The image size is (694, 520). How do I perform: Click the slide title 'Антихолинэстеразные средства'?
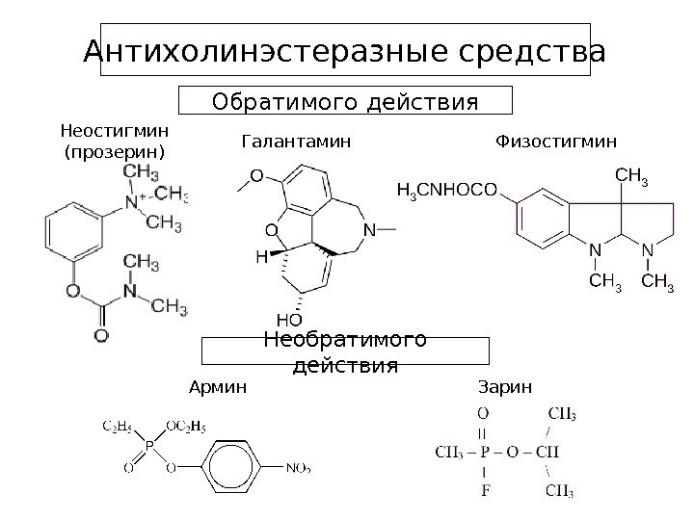tap(345, 54)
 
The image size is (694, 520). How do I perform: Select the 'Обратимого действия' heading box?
tap(345, 101)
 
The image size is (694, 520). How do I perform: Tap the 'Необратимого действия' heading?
tap(345, 353)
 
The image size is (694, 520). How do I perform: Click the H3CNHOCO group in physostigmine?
tap(447, 190)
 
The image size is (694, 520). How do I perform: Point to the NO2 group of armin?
tap(298, 469)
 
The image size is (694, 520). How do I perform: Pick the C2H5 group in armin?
tap(117, 424)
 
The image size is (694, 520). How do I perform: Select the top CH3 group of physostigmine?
tap(630, 176)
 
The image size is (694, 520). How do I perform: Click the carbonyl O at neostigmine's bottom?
tap(100, 336)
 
